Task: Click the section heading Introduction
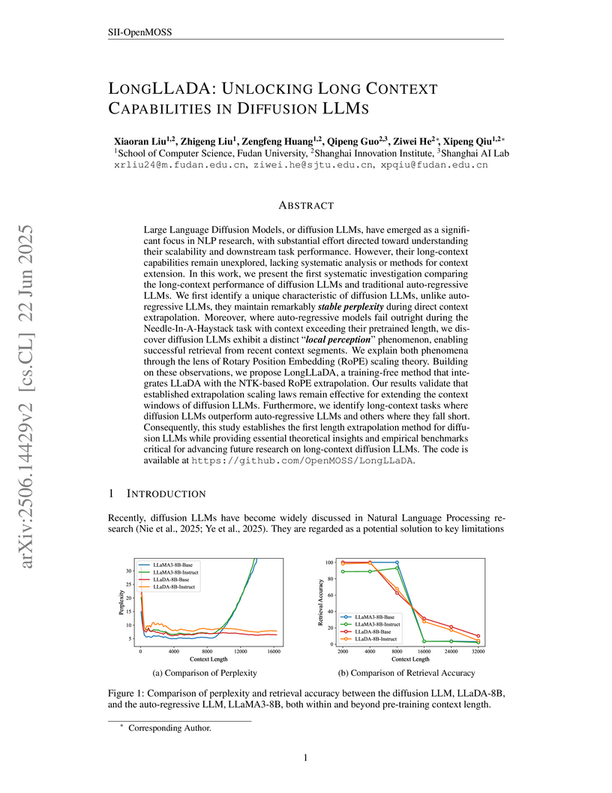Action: coord(165,493)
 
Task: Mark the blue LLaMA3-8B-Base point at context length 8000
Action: coord(397,562)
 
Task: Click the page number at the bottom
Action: coord(306,758)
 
